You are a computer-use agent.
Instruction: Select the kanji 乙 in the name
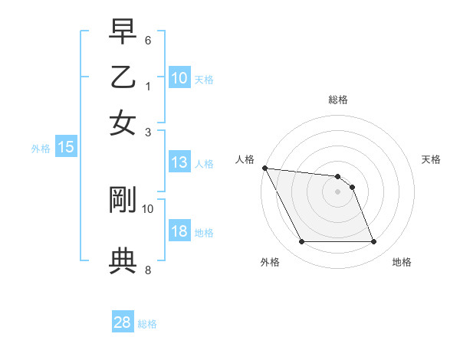(123, 78)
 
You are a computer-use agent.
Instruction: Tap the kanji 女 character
(123, 123)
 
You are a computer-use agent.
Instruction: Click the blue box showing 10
(179, 78)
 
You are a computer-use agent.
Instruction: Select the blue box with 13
(179, 162)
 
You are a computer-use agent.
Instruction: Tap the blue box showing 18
(179, 232)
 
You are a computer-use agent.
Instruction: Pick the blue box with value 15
(66, 148)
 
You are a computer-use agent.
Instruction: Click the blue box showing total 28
(122, 322)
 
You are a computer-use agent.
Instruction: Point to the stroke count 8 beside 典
(148, 270)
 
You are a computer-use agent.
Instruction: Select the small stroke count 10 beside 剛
(148, 208)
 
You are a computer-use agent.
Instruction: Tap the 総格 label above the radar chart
(338, 100)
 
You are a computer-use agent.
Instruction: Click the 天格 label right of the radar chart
(432, 159)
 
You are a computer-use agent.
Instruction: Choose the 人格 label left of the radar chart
(246, 159)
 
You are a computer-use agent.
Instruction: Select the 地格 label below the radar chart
(402, 262)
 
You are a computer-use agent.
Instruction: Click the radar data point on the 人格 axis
(264, 168)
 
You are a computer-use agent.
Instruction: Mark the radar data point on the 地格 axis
(373, 242)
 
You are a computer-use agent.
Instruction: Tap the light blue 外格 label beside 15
(40, 149)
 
